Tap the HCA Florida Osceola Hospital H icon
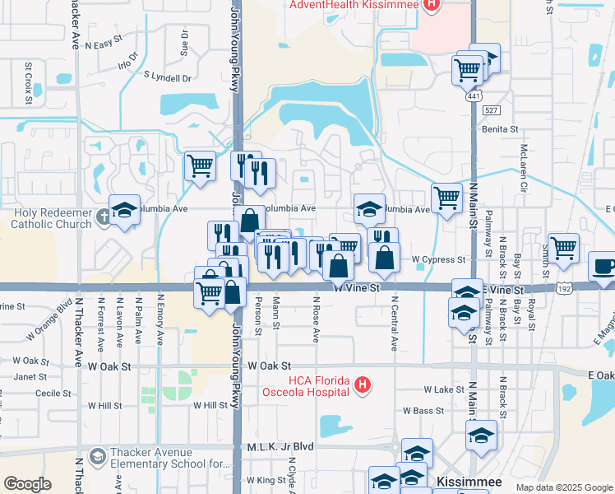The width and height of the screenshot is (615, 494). pos(360,384)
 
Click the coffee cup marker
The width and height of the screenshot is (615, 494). pos(603,267)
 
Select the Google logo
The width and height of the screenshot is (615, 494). pos(28,483)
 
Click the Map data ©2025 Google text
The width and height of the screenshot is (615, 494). pos(563,487)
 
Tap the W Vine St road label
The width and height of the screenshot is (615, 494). pos(357,288)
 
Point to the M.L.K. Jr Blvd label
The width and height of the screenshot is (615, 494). pos(280,446)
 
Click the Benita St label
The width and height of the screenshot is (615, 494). pos(500,129)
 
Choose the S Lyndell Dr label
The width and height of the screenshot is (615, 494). pos(167,77)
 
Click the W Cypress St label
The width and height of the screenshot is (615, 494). pos(438,259)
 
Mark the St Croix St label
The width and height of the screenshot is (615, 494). pos(28,72)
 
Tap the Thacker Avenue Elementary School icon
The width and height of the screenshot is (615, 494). pos(97,455)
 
